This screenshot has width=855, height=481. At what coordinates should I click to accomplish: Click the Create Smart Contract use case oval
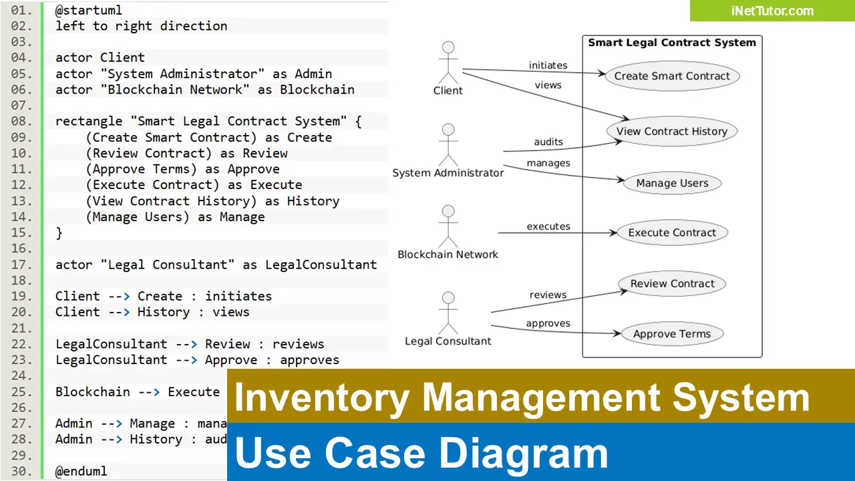[x=672, y=76]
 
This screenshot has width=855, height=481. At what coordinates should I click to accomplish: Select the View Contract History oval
[x=671, y=132]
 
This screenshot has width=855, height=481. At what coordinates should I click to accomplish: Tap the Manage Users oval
[x=672, y=183]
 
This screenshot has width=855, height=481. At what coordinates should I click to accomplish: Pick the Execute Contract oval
[x=672, y=232]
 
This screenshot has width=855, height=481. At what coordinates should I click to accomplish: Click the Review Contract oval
[x=672, y=283]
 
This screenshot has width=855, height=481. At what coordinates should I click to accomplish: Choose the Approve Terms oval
[x=672, y=334]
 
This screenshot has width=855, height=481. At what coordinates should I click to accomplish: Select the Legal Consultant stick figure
[x=448, y=312]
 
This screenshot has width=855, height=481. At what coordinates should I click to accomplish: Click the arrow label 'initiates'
[x=548, y=65]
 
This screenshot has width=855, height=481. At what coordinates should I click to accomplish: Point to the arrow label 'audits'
[x=548, y=142]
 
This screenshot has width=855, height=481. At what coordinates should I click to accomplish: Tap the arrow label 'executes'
[x=548, y=226]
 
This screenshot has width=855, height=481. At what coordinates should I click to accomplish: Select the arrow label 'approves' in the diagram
[x=548, y=323]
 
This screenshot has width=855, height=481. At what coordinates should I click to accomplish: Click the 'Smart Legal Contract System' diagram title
[x=672, y=43]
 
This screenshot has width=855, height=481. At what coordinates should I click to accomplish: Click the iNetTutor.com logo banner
[x=772, y=11]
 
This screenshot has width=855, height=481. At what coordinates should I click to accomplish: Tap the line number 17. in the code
[x=22, y=265]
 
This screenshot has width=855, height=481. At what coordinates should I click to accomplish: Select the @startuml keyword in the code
[x=89, y=10]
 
